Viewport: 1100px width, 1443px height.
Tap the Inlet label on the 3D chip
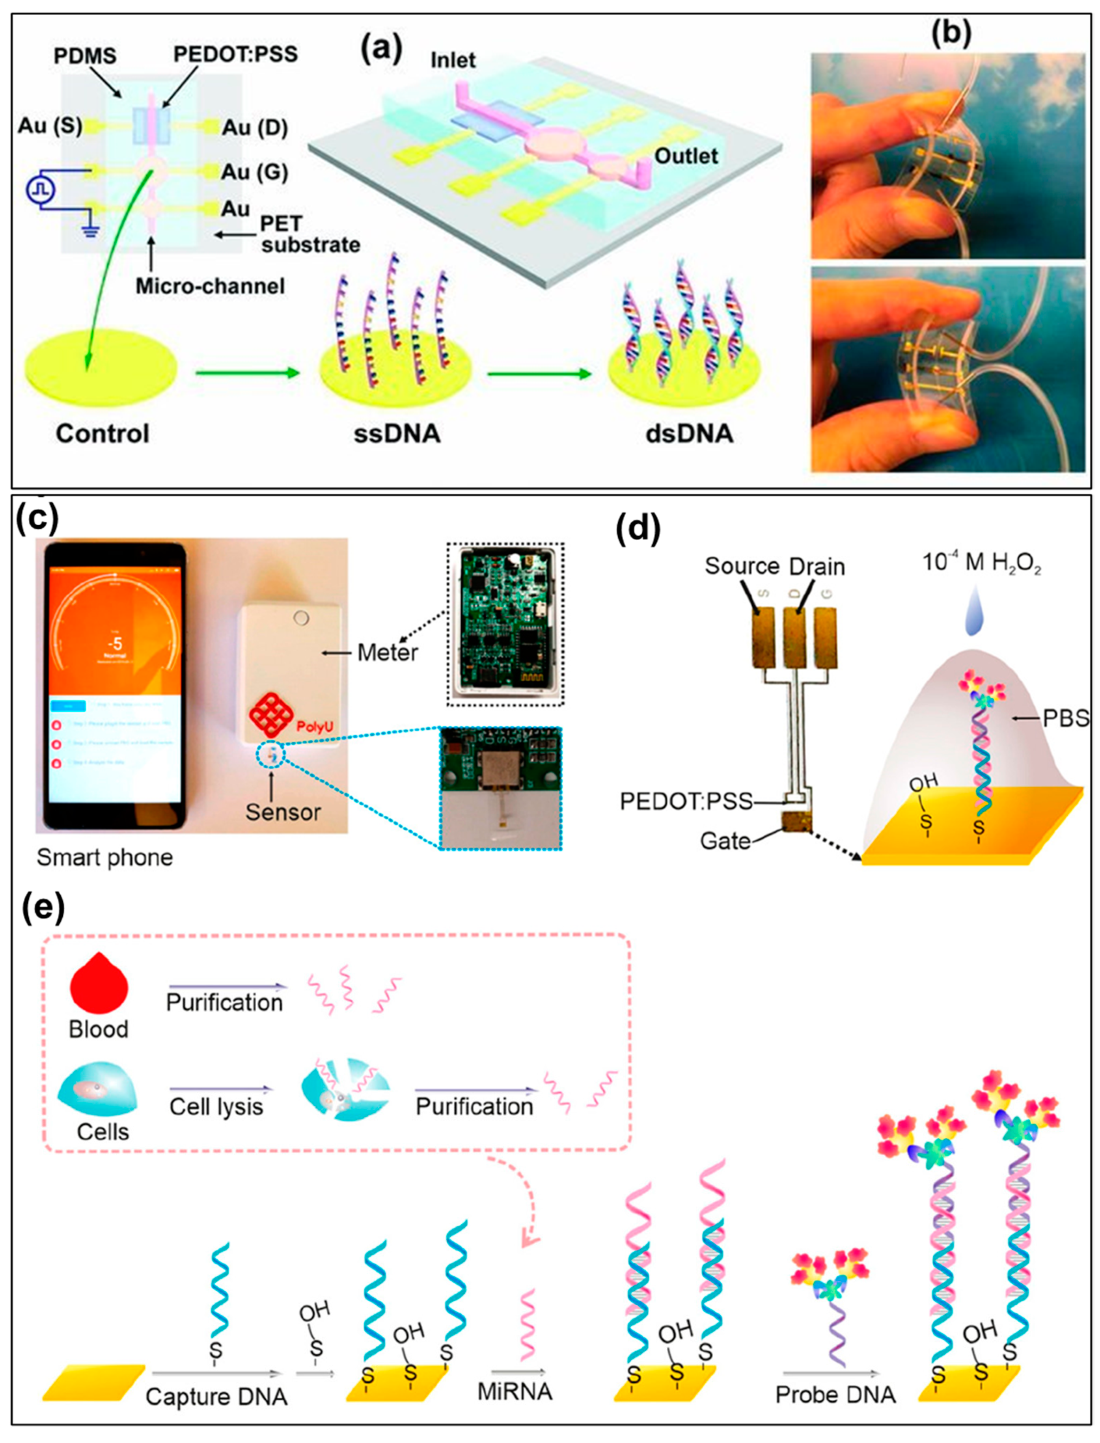pyautogui.click(x=453, y=60)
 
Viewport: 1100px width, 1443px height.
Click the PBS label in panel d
pyautogui.click(x=1068, y=719)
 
